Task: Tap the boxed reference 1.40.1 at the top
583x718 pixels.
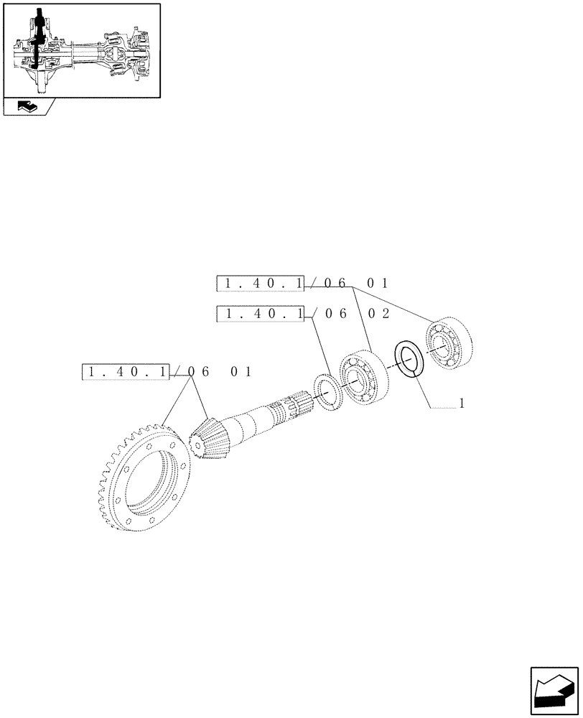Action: (x=261, y=284)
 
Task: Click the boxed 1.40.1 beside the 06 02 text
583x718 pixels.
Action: (x=261, y=314)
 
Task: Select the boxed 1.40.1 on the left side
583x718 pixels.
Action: (x=126, y=372)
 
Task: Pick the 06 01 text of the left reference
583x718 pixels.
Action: (x=220, y=372)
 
